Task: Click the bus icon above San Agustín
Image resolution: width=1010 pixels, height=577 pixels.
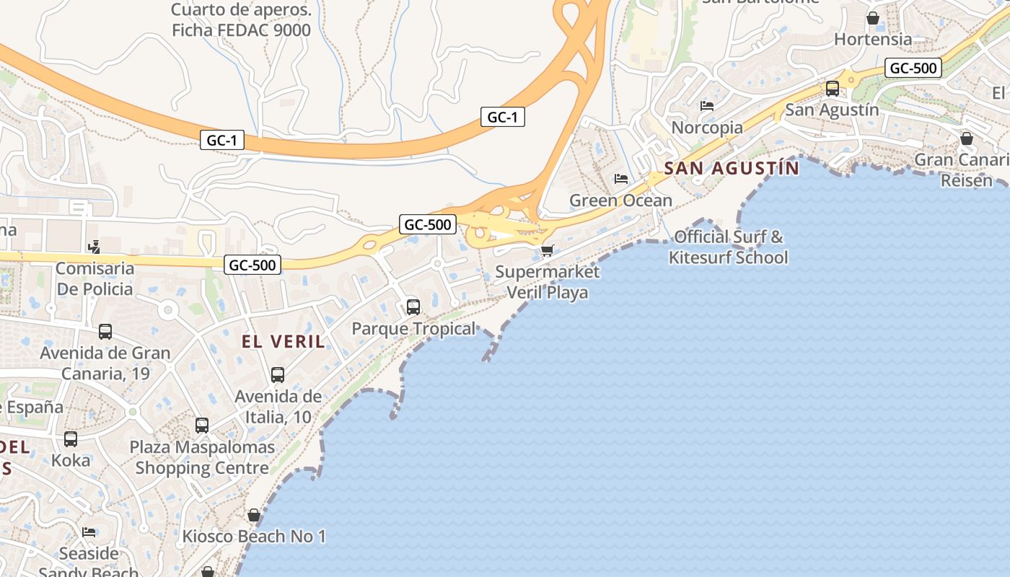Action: [x=832, y=89]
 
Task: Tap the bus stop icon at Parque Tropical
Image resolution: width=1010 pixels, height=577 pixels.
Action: [x=413, y=307]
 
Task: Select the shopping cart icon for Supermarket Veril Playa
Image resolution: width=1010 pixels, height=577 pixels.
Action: [x=547, y=250]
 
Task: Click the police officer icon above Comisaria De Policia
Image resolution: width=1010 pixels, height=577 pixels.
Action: [x=94, y=247]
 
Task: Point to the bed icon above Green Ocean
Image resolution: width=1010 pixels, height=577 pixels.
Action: [x=620, y=179]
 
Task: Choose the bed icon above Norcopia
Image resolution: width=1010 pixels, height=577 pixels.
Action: [x=707, y=106]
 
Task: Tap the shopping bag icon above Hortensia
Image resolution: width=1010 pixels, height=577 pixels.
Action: [x=873, y=18]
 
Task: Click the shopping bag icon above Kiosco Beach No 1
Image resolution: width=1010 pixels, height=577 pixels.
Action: [x=253, y=515]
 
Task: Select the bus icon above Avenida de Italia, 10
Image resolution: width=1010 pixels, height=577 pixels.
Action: [x=278, y=375]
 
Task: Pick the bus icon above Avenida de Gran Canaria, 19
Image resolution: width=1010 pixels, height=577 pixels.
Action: [x=105, y=332]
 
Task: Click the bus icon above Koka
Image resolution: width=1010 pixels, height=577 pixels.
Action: [x=71, y=439]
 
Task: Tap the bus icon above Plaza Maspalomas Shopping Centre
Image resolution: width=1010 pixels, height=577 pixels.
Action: [x=202, y=426]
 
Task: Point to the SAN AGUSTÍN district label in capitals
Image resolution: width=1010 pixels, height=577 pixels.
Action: [x=731, y=169]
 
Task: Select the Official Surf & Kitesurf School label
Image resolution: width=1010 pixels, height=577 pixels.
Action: [x=728, y=247]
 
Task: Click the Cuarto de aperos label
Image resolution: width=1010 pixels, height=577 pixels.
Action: [x=241, y=20]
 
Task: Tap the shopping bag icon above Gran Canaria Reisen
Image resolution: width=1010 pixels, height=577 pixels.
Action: [x=967, y=138]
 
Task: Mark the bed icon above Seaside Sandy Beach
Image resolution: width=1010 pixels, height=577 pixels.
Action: [x=89, y=532]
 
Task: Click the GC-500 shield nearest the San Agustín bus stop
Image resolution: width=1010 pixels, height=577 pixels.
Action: [x=913, y=69]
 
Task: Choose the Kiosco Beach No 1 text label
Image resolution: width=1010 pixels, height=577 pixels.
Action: [x=254, y=537]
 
